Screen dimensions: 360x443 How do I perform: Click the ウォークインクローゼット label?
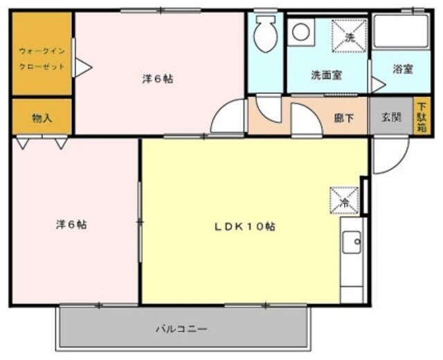[x=42, y=58]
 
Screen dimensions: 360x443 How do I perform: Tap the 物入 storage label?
[x=42, y=118]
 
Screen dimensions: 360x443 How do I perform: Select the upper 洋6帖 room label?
[x=158, y=78]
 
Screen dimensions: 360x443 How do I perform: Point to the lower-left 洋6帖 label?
[x=71, y=224]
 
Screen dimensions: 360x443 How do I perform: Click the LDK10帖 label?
[x=244, y=226]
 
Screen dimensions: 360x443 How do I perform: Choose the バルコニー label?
[x=181, y=329]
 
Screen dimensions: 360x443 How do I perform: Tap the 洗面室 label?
[x=327, y=74]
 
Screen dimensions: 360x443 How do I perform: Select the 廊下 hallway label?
[x=344, y=118]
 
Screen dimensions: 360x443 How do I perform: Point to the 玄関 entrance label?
[x=391, y=117]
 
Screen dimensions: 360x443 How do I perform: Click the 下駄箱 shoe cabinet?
[x=422, y=117]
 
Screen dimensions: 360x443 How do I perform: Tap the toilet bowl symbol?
[x=265, y=33]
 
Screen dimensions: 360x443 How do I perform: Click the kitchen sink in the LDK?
[x=352, y=242]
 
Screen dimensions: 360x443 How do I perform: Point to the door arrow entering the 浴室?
[x=378, y=85]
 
